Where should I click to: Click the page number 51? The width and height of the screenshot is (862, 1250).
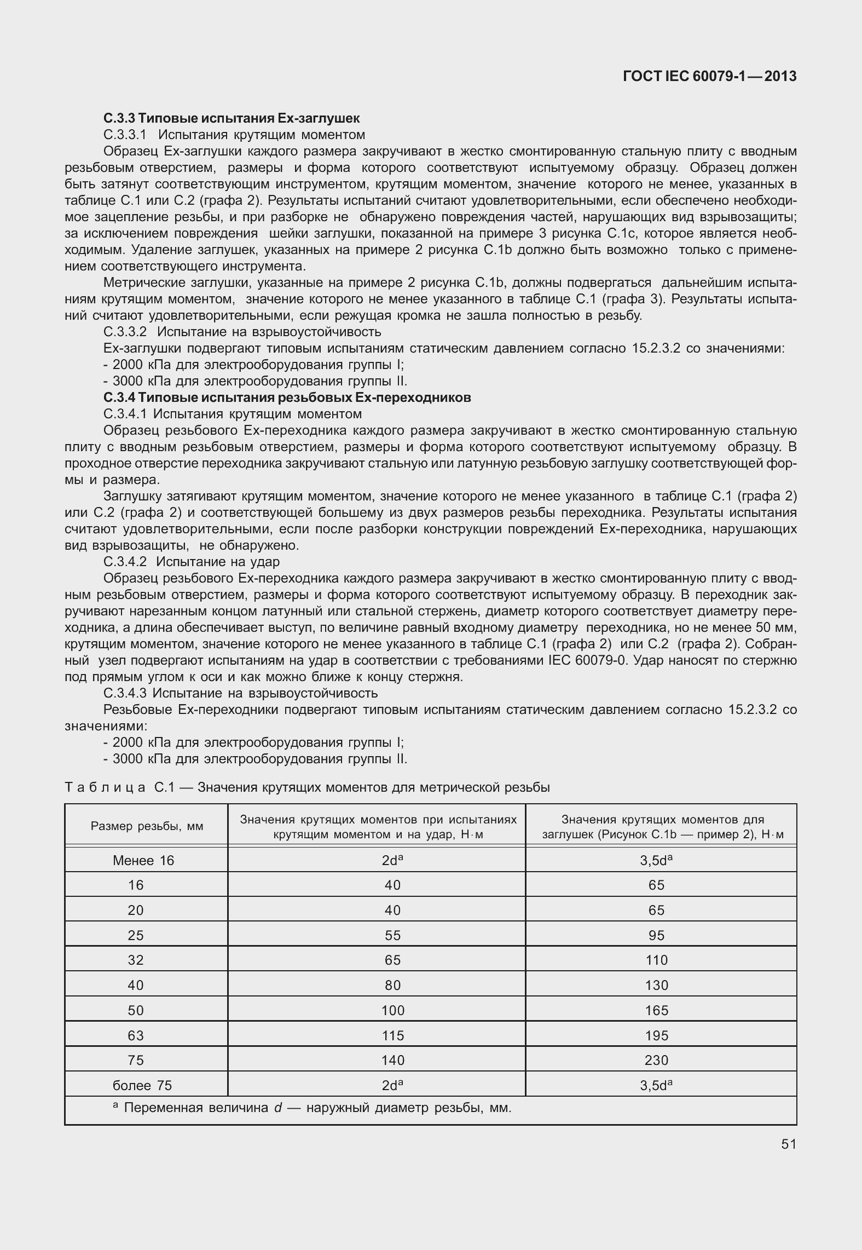[x=788, y=1144]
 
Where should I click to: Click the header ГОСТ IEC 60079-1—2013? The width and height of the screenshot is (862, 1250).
[x=709, y=77]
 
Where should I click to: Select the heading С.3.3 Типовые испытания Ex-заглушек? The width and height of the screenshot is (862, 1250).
[x=231, y=118]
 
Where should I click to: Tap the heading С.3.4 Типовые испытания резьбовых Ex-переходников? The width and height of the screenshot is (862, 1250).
[x=287, y=398]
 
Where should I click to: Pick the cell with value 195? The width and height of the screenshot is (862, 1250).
[x=656, y=1035]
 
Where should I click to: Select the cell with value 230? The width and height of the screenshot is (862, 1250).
[x=656, y=1061]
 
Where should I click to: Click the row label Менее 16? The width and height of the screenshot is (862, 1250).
[x=143, y=861]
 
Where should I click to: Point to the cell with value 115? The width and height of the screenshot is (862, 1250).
[x=392, y=1035]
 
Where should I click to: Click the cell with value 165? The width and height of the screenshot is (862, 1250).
[x=656, y=1010]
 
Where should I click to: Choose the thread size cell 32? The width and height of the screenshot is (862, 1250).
[x=135, y=960]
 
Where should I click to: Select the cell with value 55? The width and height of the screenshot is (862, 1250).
[x=392, y=935]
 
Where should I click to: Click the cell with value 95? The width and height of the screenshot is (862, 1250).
[x=656, y=935]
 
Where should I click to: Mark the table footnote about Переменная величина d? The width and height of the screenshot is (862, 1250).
[x=312, y=1108]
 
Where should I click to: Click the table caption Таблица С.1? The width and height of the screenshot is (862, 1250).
[x=306, y=787]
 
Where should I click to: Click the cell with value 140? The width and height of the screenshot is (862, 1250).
[x=392, y=1061]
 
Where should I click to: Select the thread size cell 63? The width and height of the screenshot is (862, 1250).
[x=135, y=1035]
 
